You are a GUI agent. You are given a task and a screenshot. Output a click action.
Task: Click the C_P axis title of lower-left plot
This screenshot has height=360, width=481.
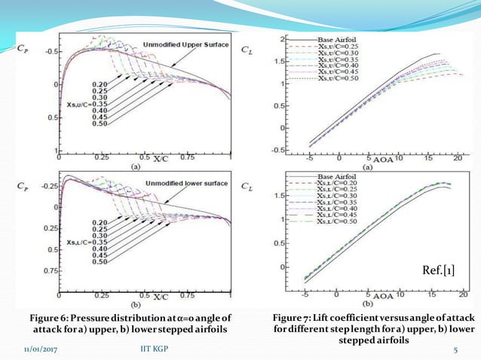point(23,183)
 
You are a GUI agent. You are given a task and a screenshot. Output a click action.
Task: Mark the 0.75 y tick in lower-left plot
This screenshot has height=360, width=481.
point(49,270)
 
